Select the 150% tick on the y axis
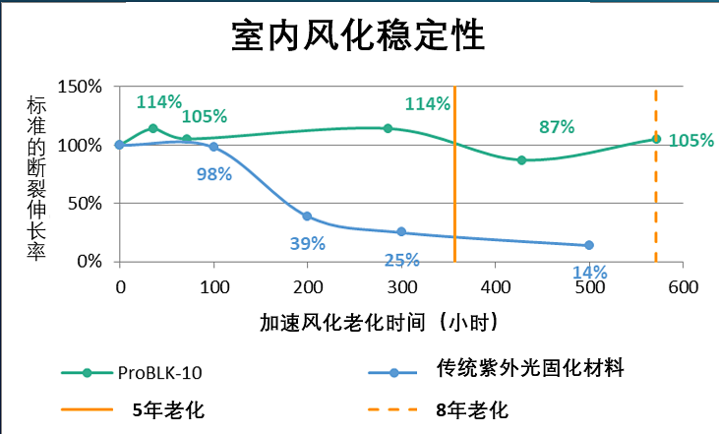click(81, 87)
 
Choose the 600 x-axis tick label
click(683, 287)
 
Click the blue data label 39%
click(307, 243)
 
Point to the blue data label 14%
click(590, 273)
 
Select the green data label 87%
click(557, 127)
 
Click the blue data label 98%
click(213, 174)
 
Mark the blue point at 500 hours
click(589, 245)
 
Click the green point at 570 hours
click(656, 139)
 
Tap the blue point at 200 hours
click(307, 217)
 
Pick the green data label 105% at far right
click(690, 141)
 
